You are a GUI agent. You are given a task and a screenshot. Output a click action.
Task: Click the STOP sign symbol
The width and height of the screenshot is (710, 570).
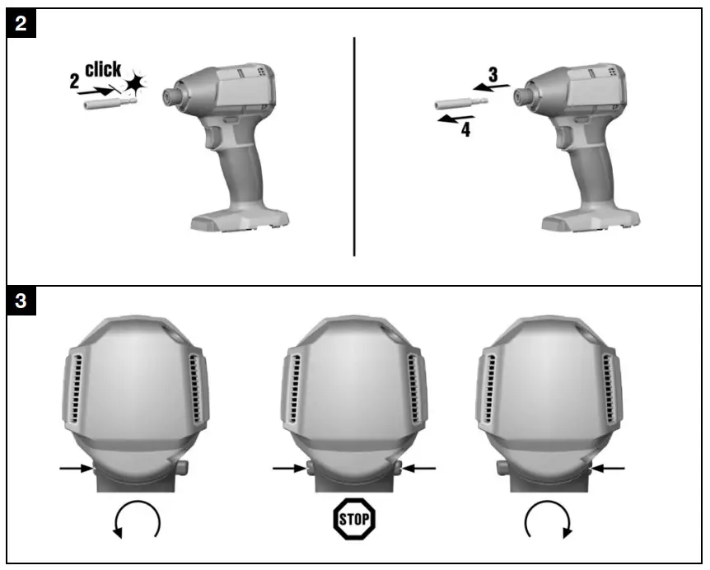point(354,519)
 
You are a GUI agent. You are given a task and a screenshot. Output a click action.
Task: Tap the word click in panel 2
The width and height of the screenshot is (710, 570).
point(103,69)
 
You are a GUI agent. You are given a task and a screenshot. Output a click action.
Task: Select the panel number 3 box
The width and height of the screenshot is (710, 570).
point(21,301)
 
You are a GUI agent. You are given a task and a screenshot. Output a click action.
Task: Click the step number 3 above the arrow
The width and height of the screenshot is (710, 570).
point(493,74)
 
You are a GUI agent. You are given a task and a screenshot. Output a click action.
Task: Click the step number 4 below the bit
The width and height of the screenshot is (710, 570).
point(465,129)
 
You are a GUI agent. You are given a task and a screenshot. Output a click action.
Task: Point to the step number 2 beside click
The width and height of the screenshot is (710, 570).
point(74,82)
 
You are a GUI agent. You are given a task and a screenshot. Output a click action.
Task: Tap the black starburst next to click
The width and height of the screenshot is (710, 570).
point(134,83)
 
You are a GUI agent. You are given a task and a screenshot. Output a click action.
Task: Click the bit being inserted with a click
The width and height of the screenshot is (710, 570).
point(110,103)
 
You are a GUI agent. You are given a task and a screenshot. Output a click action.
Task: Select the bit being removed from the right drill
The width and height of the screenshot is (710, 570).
point(461,104)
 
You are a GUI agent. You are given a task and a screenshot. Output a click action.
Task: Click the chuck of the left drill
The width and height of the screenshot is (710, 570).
point(170,96)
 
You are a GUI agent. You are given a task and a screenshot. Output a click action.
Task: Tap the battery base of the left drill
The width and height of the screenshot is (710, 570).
point(240,221)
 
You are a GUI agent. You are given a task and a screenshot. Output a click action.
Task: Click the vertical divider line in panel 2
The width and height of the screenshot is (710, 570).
point(354,147)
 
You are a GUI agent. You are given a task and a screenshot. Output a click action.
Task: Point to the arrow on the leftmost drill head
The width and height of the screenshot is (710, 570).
point(76,468)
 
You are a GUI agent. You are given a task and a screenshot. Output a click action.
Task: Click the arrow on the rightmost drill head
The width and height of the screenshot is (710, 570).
point(608,469)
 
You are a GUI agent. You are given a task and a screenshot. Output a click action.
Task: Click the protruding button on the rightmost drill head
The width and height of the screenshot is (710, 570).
point(502,467)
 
